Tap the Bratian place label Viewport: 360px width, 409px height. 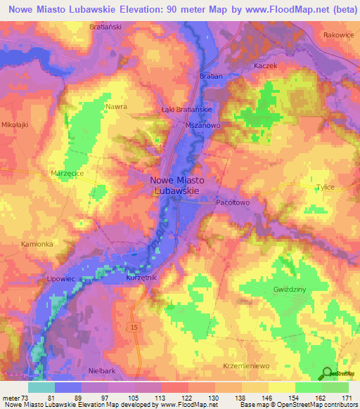coord(211,76)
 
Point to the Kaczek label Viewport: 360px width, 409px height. coord(265,65)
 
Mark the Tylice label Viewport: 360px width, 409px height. coord(324,187)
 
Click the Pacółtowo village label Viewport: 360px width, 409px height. coord(232,202)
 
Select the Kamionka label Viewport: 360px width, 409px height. coord(37,243)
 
